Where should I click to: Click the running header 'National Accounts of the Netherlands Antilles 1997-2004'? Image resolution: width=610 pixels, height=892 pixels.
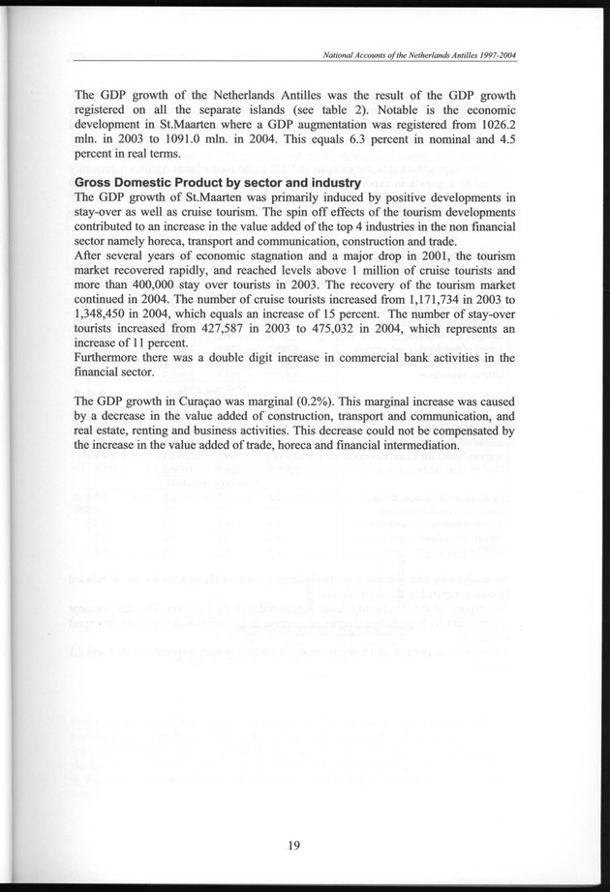click(x=419, y=55)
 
